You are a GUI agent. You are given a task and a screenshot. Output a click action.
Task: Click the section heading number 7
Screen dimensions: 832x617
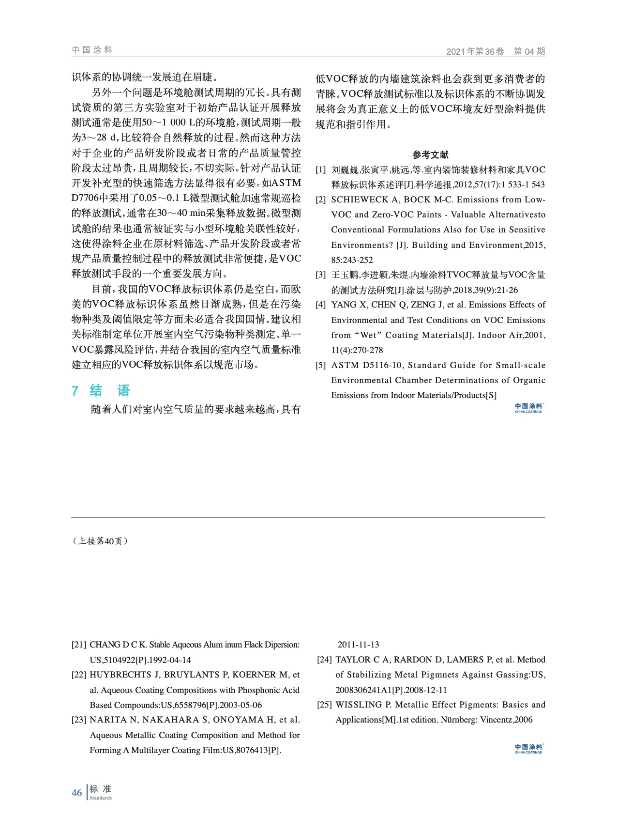click(x=75, y=391)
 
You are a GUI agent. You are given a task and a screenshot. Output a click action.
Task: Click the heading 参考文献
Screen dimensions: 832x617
click(x=430, y=154)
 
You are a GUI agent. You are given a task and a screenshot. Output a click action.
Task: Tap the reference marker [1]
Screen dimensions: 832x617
click(x=321, y=170)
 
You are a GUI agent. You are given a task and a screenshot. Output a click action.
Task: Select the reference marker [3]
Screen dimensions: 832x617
click(x=321, y=275)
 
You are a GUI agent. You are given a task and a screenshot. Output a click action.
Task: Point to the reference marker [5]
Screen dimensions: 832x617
click(x=321, y=365)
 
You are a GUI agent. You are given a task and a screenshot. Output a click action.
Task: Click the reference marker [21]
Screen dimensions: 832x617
click(x=79, y=645)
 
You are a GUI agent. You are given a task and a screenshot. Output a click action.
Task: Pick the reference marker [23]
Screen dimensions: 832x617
click(x=79, y=720)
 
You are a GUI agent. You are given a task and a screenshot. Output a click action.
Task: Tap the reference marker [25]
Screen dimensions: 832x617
click(x=325, y=705)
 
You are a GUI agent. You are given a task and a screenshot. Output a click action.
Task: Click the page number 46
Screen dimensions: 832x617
click(x=77, y=793)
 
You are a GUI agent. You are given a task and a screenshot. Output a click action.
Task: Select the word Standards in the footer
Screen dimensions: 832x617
click(x=101, y=798)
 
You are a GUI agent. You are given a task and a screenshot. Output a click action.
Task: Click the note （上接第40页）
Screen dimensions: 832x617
click(x=100, y=541)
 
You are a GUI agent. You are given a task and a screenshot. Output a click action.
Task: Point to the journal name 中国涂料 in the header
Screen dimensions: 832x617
click(x=92, y=50)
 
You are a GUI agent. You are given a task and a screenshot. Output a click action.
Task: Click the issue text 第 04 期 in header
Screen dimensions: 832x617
click(x=529, y=51)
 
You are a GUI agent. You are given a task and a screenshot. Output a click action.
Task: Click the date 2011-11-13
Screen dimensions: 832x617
click(x=358, y=645)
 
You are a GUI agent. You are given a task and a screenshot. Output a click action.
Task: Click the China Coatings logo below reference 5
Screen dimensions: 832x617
click(x=529, y=408)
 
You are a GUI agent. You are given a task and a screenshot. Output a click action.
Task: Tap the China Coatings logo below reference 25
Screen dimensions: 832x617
click(x=529, y=748)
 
